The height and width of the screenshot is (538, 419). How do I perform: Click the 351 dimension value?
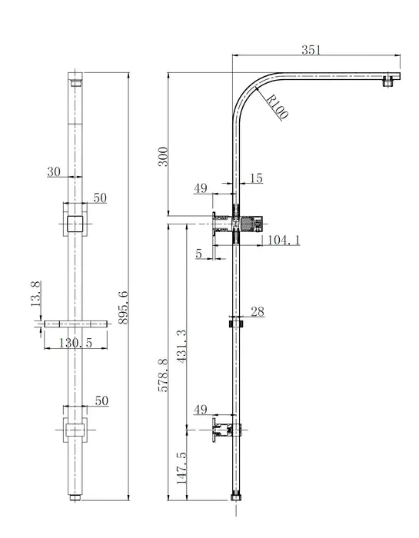[x=311, y=50]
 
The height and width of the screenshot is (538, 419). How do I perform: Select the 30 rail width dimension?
[x=54, y=173]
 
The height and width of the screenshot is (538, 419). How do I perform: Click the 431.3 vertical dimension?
[x=181, y=350]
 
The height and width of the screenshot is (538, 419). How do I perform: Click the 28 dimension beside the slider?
[x=258, y=311]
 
